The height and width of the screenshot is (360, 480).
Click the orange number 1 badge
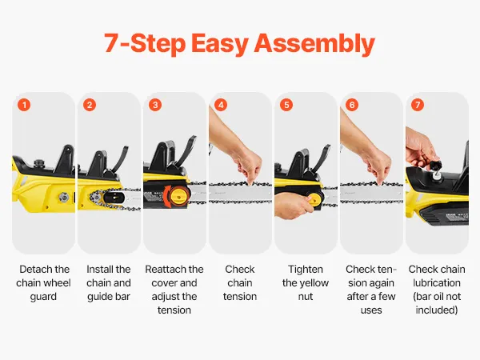[24, 105]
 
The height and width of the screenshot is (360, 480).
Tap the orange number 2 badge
[90, 105]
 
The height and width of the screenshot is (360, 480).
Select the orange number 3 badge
[155, 105]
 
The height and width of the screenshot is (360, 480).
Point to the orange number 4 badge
[221, 105]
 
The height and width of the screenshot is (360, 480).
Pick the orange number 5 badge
[286, 105]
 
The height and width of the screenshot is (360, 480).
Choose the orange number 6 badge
[352, 105]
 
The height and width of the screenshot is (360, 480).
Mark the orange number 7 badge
[418, 105]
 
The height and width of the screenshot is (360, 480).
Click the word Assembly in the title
[314, 44]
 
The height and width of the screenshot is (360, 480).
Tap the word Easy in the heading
[219, 44]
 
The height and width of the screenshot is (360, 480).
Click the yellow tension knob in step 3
[178, 195]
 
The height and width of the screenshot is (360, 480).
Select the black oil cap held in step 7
[435, 166]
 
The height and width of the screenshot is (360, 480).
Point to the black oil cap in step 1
[38, 162]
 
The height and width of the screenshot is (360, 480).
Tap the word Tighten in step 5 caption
[306, 270]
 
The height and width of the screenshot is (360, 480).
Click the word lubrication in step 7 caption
[437, 282]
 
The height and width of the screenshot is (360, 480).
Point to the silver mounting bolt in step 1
[64, 197]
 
